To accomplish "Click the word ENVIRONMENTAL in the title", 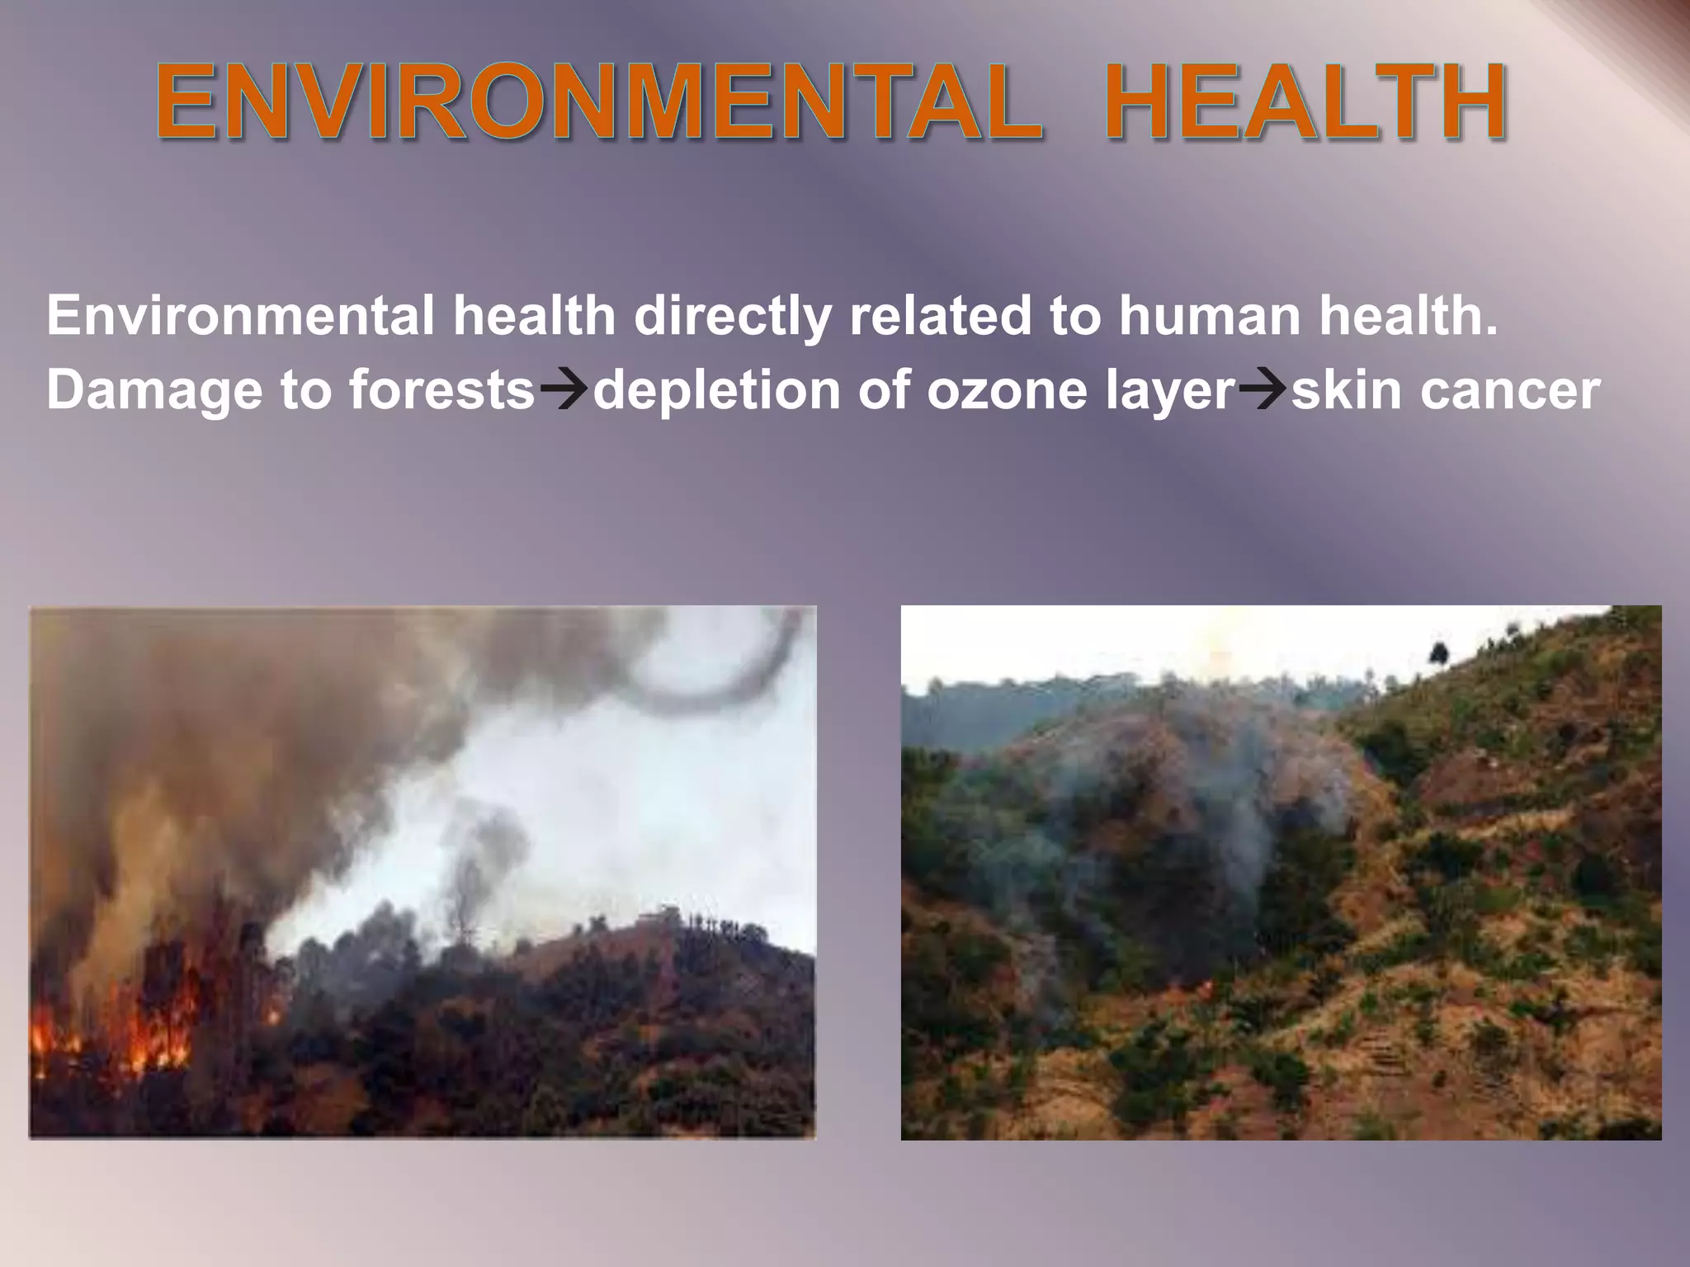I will (x=598, y=103).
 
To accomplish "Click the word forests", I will (x=442, y=390).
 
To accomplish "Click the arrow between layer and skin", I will (x=1263, y=389).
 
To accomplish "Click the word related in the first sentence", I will (x=940, y=316).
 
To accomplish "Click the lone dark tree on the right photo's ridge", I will (x=1438, y=653).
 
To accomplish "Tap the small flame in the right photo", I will (x=1206, y=984).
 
